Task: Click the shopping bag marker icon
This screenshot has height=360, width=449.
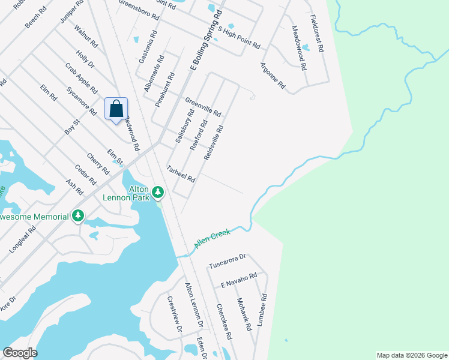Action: point(116,109)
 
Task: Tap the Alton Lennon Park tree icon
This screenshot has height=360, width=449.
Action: point(158,193)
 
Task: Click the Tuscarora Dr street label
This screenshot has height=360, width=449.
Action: point(228,261)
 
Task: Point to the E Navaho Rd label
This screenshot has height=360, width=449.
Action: point(238,280)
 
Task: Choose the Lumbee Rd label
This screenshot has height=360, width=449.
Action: point(262,310)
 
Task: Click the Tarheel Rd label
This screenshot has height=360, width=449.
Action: point(181,175)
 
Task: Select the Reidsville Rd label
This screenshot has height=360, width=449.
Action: point(214,142)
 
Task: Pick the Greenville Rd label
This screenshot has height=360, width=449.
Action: point(203,107)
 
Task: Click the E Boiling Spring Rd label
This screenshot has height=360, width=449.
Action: point(206,40)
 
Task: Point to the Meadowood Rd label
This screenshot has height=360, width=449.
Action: point(298,47)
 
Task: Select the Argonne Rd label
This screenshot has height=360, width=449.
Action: point(273,76)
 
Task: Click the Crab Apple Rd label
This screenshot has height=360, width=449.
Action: point(81,79)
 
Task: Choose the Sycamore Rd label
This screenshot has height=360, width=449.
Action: point(82,101)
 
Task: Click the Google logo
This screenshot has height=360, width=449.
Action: point(20,353)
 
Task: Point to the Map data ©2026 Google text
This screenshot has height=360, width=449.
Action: point(411,355)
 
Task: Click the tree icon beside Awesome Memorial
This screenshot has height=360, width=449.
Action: point(77,215)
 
